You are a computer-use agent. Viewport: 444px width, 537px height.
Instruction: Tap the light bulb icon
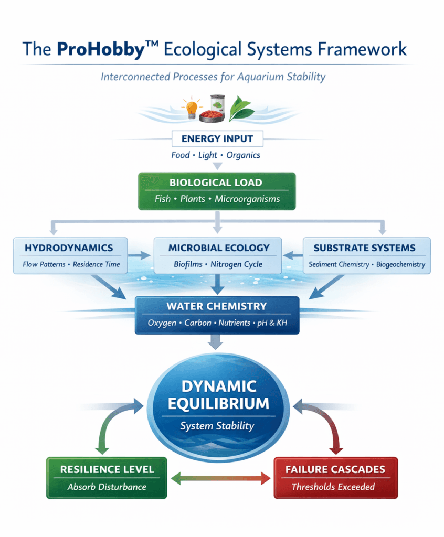(x=189, y=108)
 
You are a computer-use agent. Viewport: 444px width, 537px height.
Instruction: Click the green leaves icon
(x=242, y=108)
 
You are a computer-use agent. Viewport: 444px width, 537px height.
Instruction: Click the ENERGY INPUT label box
(x=217, y=139)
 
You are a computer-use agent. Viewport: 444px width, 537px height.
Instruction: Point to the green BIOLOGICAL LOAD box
(x=217, y=191)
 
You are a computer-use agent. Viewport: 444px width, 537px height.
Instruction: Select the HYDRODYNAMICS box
(x=70, y=255)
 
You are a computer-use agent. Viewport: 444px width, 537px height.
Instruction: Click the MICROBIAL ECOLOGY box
(x=218, y=255)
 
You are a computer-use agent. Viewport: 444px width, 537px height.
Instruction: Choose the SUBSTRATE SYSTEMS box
(x=366, y=255)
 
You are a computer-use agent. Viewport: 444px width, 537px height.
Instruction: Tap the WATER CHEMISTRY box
(x=217, y=315)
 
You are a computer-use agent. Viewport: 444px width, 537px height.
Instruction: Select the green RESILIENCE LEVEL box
(x=107, y=477)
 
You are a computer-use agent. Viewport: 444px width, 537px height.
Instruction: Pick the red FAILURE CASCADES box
(x=335, y=477)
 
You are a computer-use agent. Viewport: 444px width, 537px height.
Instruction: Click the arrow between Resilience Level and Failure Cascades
(x=220, y=478)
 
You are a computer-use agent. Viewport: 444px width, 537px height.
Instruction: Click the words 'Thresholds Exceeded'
(x=333, y=487)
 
